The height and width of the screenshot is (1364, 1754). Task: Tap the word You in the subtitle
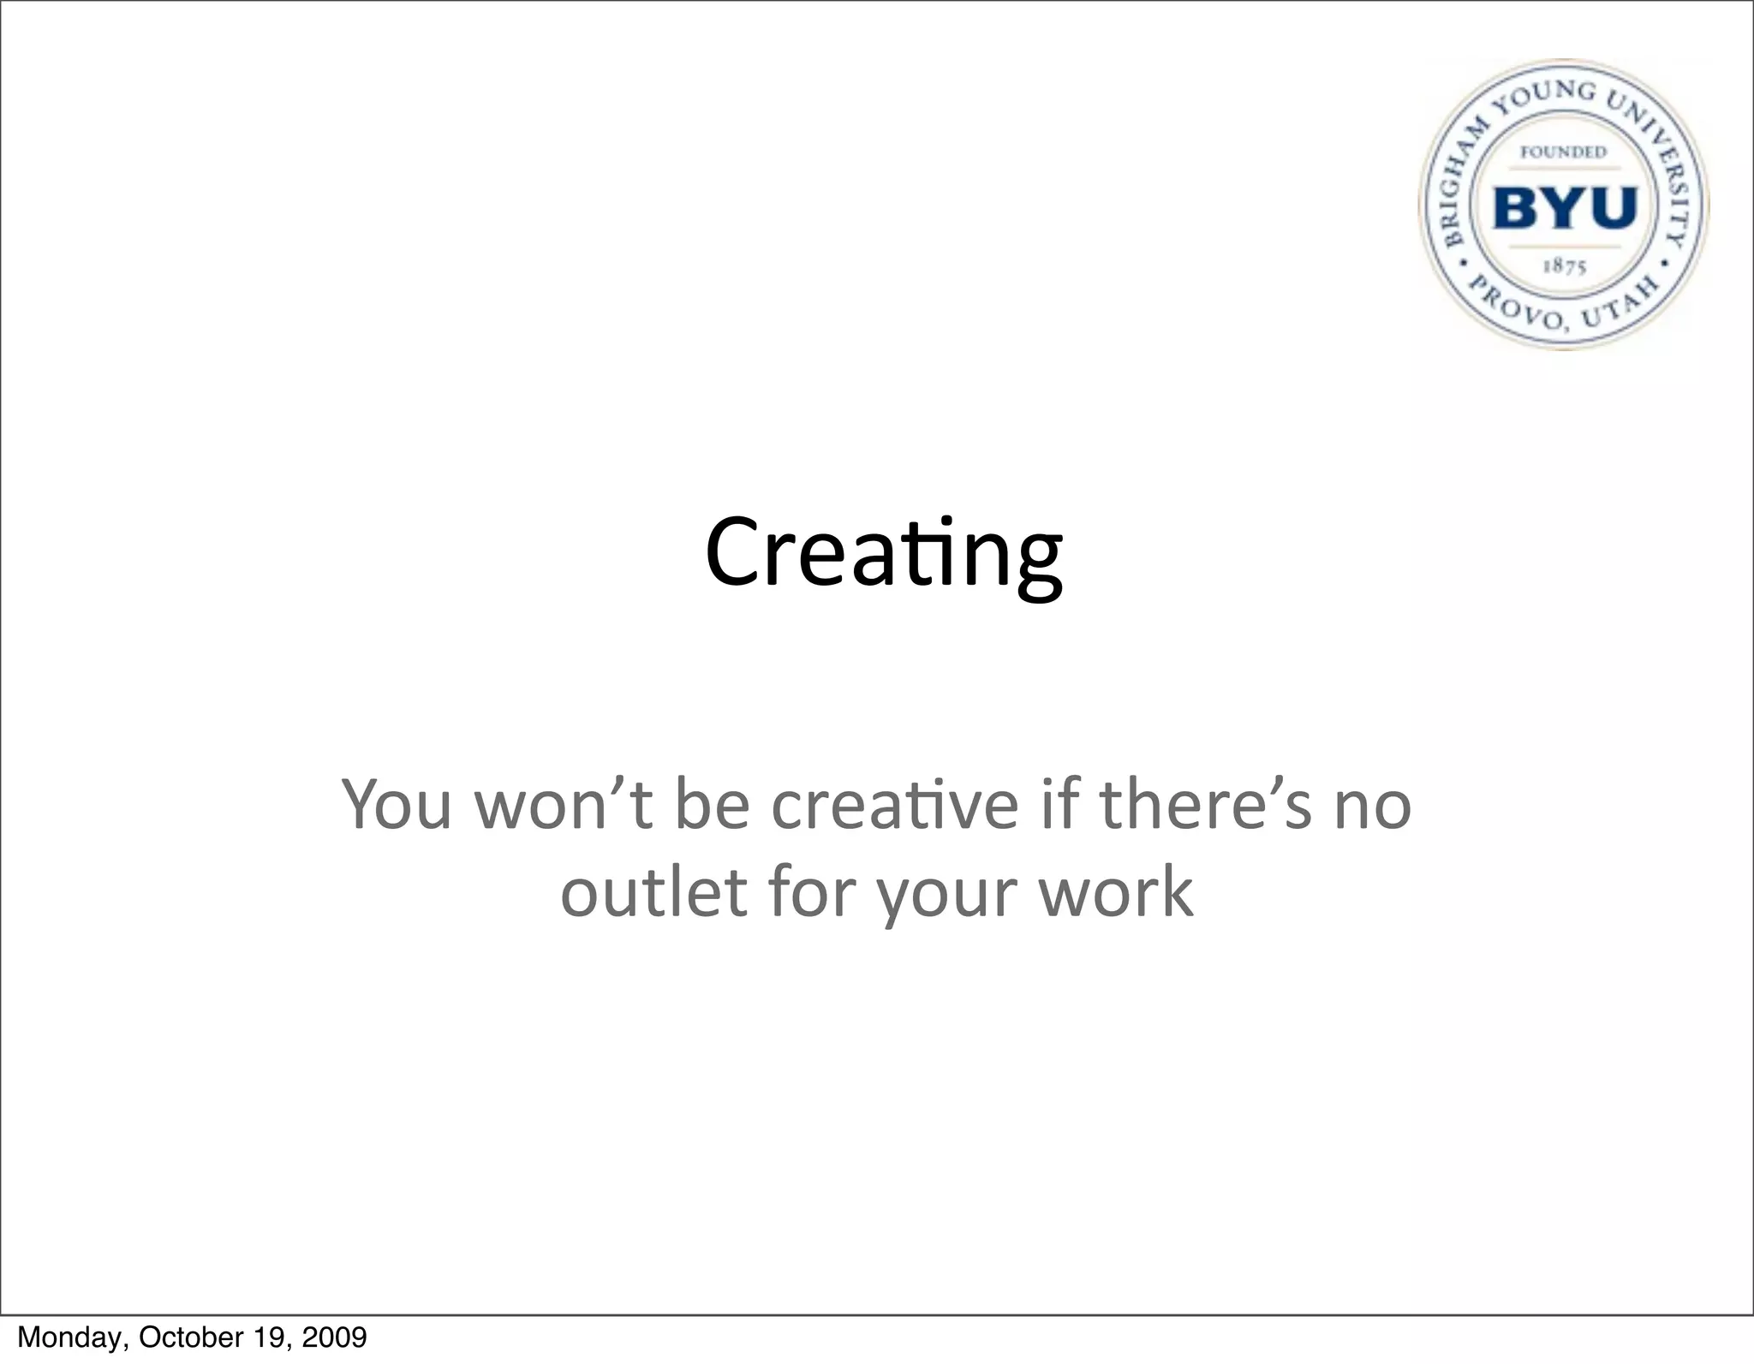396,805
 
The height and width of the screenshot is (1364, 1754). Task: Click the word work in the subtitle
1115,892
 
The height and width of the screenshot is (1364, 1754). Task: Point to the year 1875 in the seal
1565,266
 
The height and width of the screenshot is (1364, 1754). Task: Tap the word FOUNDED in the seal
1563,152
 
